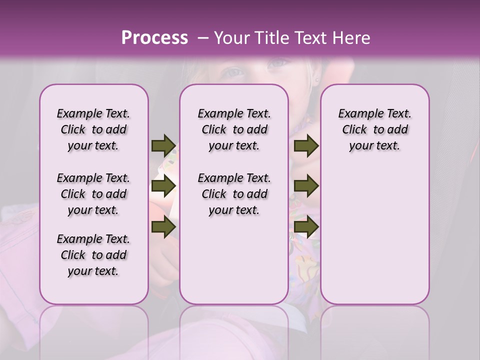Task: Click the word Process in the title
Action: pos(154,38)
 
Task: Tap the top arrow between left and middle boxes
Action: pos(163,145)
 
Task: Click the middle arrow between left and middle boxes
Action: pos(163,186)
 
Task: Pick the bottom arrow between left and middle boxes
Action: pos(163,227)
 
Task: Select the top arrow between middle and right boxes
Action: pos(306,145)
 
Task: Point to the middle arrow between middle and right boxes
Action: pos(306,186)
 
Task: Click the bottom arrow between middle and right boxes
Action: pos(306,227)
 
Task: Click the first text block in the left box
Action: pos(93,129)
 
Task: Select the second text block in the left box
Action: pos(93,194)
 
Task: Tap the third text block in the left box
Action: pos(93,255)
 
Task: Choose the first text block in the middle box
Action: pos(234,129)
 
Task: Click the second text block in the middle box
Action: pos(234,194)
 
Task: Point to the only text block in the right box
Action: pos(374,129)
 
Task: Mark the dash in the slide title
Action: pos(203,38)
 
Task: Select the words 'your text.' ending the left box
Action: pos(93,271)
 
